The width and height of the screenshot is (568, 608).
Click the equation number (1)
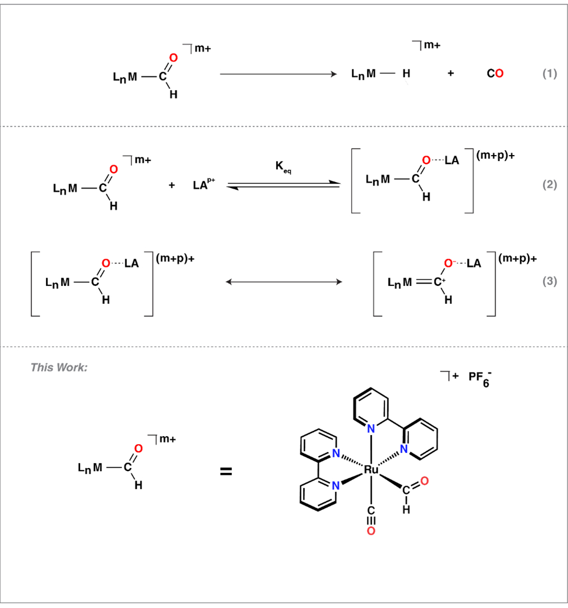click(550, 73)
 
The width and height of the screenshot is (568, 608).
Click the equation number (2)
click(550, 184)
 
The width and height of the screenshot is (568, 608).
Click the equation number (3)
click(550, 281)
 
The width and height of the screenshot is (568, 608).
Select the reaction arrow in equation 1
click(278, 74)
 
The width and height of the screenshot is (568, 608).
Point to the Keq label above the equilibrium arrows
click(283, 167)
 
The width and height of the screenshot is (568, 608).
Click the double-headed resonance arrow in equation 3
click(284, 282)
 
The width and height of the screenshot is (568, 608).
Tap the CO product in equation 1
click(495, 73)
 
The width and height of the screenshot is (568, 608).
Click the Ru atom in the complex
click(371, 470)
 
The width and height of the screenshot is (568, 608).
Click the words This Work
click(59, 367)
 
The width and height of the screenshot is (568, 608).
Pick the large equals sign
click(226, 471)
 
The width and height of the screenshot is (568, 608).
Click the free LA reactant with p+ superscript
click(203, 184)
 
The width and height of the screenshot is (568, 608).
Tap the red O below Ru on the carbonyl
click(371, 531)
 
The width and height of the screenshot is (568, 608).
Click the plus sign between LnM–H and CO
click(450, 73)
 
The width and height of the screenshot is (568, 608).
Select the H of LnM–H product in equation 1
click(406, 73)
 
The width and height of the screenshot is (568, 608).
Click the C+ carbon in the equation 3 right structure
click(439, 281)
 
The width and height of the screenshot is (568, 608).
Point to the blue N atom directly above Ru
click(371, 429)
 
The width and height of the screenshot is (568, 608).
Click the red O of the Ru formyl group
click(424, 481)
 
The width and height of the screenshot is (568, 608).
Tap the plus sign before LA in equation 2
click(172, 185)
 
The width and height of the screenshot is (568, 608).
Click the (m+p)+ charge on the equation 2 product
click(495, 155)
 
